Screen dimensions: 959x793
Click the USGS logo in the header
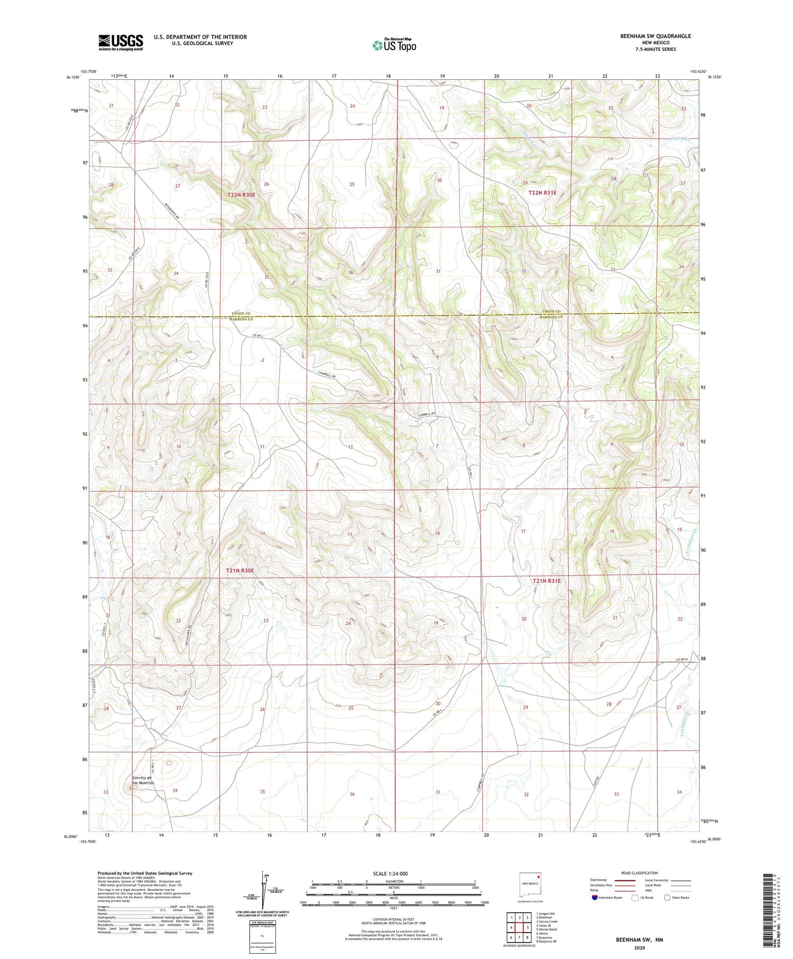tap(121, 42)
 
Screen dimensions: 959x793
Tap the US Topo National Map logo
tap(394, 45)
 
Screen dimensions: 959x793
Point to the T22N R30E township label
tap(241, 195)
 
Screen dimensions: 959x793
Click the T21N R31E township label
tap(546, 581)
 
